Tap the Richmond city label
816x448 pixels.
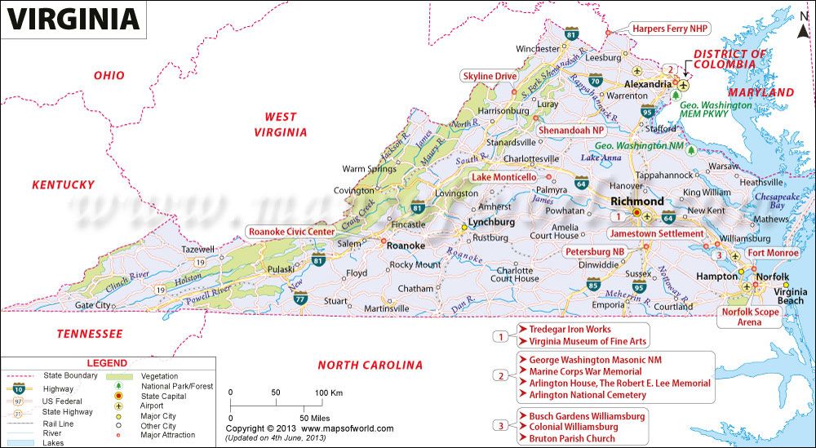coord(637,201)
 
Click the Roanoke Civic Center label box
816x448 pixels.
coord(291,232)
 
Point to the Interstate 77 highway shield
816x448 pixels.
coord(301,297)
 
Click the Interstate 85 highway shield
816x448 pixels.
coord(593,285)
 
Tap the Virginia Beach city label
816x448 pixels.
coord(790,296)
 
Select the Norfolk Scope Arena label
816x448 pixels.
coord(750,317)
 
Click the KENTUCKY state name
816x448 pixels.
coord(63,185)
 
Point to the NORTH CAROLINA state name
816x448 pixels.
coord(370,365)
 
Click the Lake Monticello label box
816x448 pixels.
coord(504,177)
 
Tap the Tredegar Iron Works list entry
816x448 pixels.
coord(570,330)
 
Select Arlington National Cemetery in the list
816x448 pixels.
coord(587,395)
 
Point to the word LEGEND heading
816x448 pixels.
coord(107,362)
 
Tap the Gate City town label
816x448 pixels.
coord(93,305)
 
